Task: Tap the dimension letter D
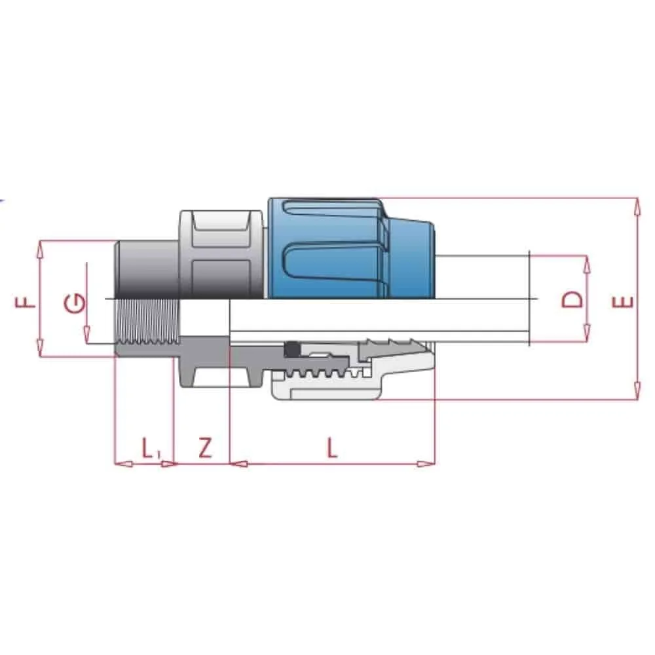(x=572, y=299)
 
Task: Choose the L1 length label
(x=150, y=449)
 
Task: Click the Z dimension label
(x=205, y=449)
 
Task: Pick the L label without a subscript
(x=333, y=449)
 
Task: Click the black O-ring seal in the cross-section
(x=291, y=350)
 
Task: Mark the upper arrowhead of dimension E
(x=636, y=205)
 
